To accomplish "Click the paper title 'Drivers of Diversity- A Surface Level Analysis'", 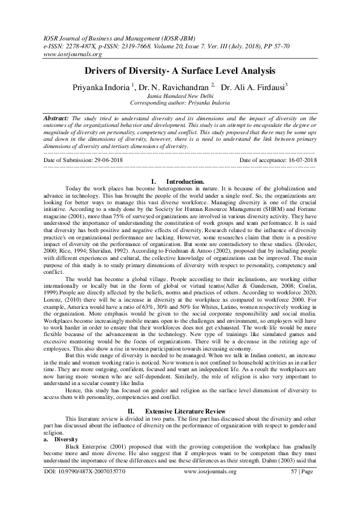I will click(x=180, y=71).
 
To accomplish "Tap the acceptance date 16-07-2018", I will click(x=297, y=160).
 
